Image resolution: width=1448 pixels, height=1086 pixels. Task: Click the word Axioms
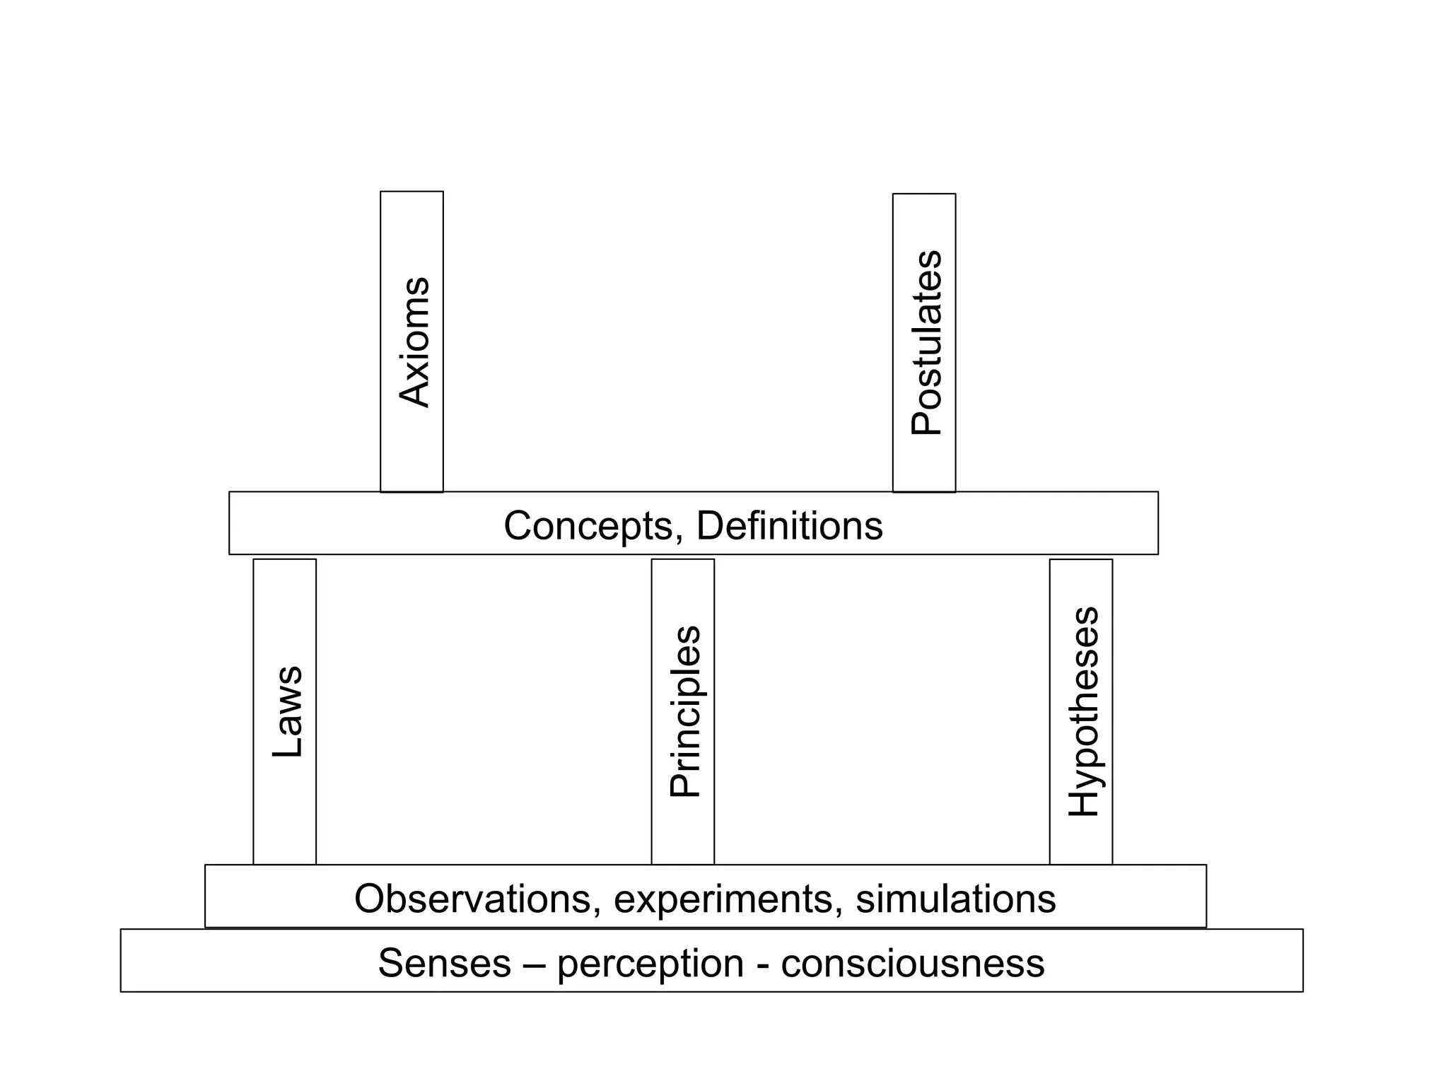pos(414,342)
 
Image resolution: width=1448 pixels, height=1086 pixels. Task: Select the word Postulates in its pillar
pos(926,343)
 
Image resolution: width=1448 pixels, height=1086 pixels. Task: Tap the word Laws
pos(288,712)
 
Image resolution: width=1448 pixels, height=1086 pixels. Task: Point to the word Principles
pos(685,712)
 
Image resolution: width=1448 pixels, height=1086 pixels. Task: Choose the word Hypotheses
pos(1083,712)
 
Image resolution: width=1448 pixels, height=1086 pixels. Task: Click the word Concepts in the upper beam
pos(588,527)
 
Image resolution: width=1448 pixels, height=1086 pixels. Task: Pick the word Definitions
pos(790,527)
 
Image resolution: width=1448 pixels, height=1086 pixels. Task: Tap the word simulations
pos(956,899)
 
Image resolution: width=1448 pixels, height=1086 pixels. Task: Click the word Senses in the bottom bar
pos(444,964)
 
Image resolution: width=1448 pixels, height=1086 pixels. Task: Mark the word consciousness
pos(912,964)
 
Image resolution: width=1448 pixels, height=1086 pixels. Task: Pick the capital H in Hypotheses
pos(1083,801)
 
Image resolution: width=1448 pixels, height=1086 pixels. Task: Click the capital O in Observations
pos(371,899)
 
